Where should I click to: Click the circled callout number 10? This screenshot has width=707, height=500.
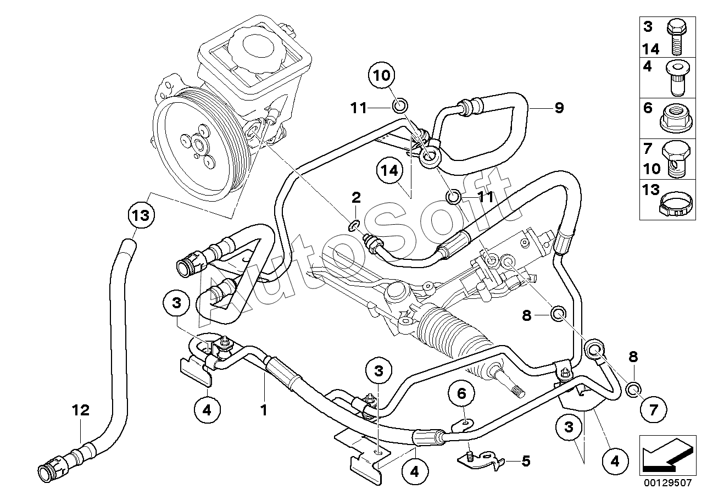382,75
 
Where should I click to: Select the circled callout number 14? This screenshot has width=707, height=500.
390,170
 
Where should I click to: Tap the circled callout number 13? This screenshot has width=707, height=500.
141,215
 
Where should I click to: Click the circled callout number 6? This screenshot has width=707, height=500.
461,393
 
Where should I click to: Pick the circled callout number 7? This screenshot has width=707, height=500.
653,410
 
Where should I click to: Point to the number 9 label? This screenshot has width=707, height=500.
559,108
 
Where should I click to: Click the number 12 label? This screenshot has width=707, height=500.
81,410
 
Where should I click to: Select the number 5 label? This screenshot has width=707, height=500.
526,461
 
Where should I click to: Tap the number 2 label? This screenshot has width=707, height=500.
356,198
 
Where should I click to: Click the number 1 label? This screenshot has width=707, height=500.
264,410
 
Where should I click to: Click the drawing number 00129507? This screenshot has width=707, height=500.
667,482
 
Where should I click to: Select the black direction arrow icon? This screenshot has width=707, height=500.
667,455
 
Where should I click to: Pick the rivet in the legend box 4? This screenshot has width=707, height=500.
678,78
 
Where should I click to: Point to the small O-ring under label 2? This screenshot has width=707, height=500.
354,226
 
